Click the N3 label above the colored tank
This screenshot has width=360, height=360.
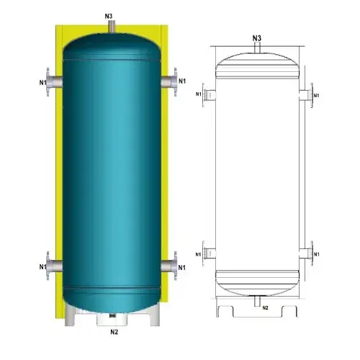[x=109, y=16]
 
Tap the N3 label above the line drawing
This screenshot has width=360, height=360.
[x=257, y=37]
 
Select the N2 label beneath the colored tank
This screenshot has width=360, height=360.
[x=114, y=332]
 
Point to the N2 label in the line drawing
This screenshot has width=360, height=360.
[x=265, y=307]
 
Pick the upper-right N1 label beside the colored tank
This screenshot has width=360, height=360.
[x=182, y=80]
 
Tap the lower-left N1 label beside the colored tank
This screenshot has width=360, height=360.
[x=43, y=267]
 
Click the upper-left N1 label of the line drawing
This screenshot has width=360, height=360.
[x=199, y=94]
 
